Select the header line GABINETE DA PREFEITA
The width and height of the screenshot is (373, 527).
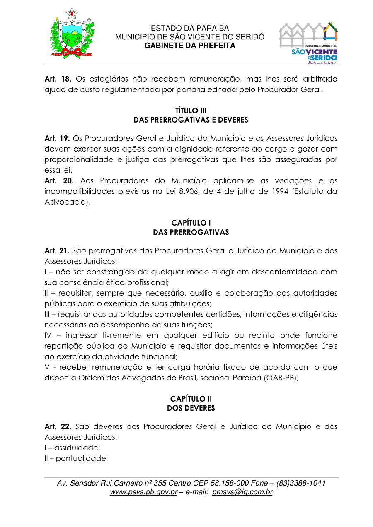(189, 46)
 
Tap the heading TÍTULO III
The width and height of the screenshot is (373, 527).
(191, 111)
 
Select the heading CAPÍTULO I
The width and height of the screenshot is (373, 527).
(191, 223)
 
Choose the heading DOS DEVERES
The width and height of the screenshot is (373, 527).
(191, 408)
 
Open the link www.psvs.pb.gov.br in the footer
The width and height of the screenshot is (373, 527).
(143, 492)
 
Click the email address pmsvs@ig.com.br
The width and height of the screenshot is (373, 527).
(242, 492)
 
